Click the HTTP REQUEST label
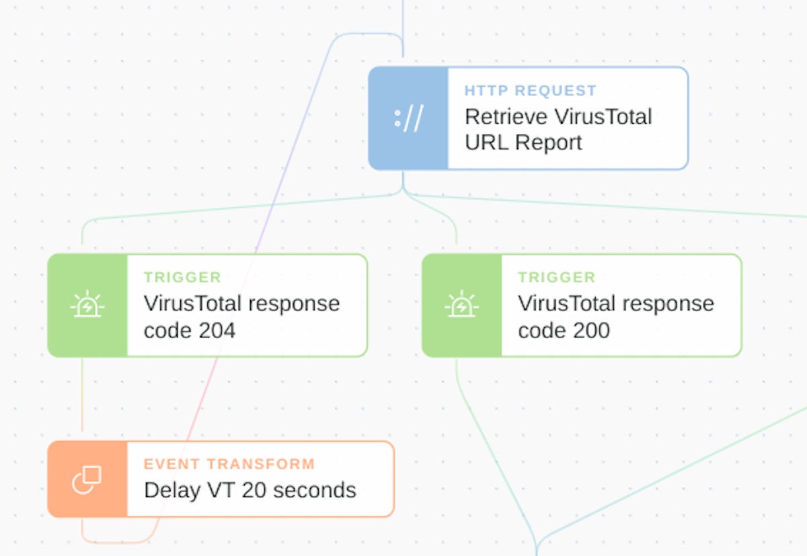pos(531,91)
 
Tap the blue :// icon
pos(408,118)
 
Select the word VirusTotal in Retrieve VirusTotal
pos(603,117)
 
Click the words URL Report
pos(523,143)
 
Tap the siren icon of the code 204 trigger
pos(87,305)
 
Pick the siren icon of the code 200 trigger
pos(461,305)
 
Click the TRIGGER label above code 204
pos(182,277)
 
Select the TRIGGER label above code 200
pos(556,277)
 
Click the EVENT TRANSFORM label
pos(229,464)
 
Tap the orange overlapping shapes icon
pos(87,479)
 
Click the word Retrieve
pos(505,117)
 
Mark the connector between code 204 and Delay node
pos(82,397)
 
